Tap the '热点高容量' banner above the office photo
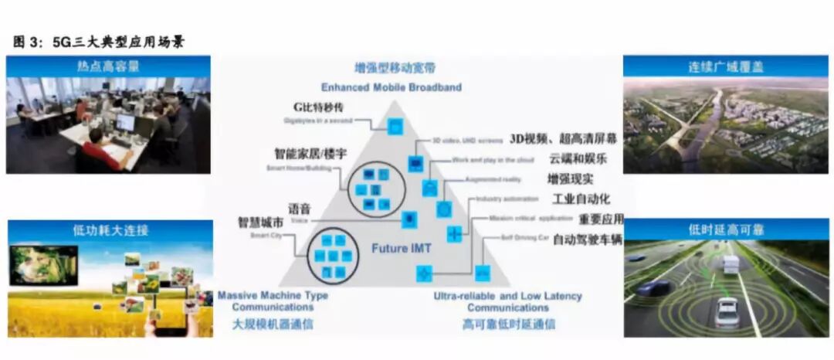click(107, 66)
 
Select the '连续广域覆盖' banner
click(725, 66)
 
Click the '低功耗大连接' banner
click(111, 230)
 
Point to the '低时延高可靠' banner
click(725, 229)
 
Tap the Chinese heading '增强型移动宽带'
click(394, 68)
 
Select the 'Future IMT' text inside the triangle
click(400, 249)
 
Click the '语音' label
click(299, 209)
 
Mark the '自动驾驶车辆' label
click(587, 239)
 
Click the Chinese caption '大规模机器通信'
click(273, 324)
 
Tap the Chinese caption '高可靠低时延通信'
click(509, 324)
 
